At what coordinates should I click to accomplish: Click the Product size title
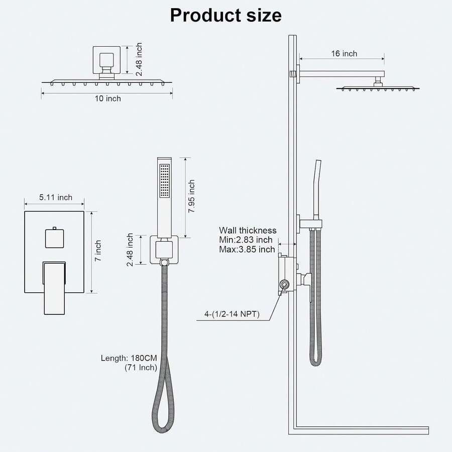(225, 15)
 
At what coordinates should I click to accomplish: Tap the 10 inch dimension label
(106, 98)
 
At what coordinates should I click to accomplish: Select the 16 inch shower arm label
(344, 53)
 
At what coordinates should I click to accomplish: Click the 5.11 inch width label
(56, 197)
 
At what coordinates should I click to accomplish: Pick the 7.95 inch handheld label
(192, 197)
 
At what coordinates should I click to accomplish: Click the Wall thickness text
(248, 231)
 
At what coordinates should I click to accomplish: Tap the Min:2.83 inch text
(246, 240)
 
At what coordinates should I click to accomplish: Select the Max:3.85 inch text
(247, 250)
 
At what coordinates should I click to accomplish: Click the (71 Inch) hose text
(141, 368)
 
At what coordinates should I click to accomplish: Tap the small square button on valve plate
(55, 237)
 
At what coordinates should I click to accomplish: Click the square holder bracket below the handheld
(163, 249)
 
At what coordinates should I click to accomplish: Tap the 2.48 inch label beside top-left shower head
(139, 59)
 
